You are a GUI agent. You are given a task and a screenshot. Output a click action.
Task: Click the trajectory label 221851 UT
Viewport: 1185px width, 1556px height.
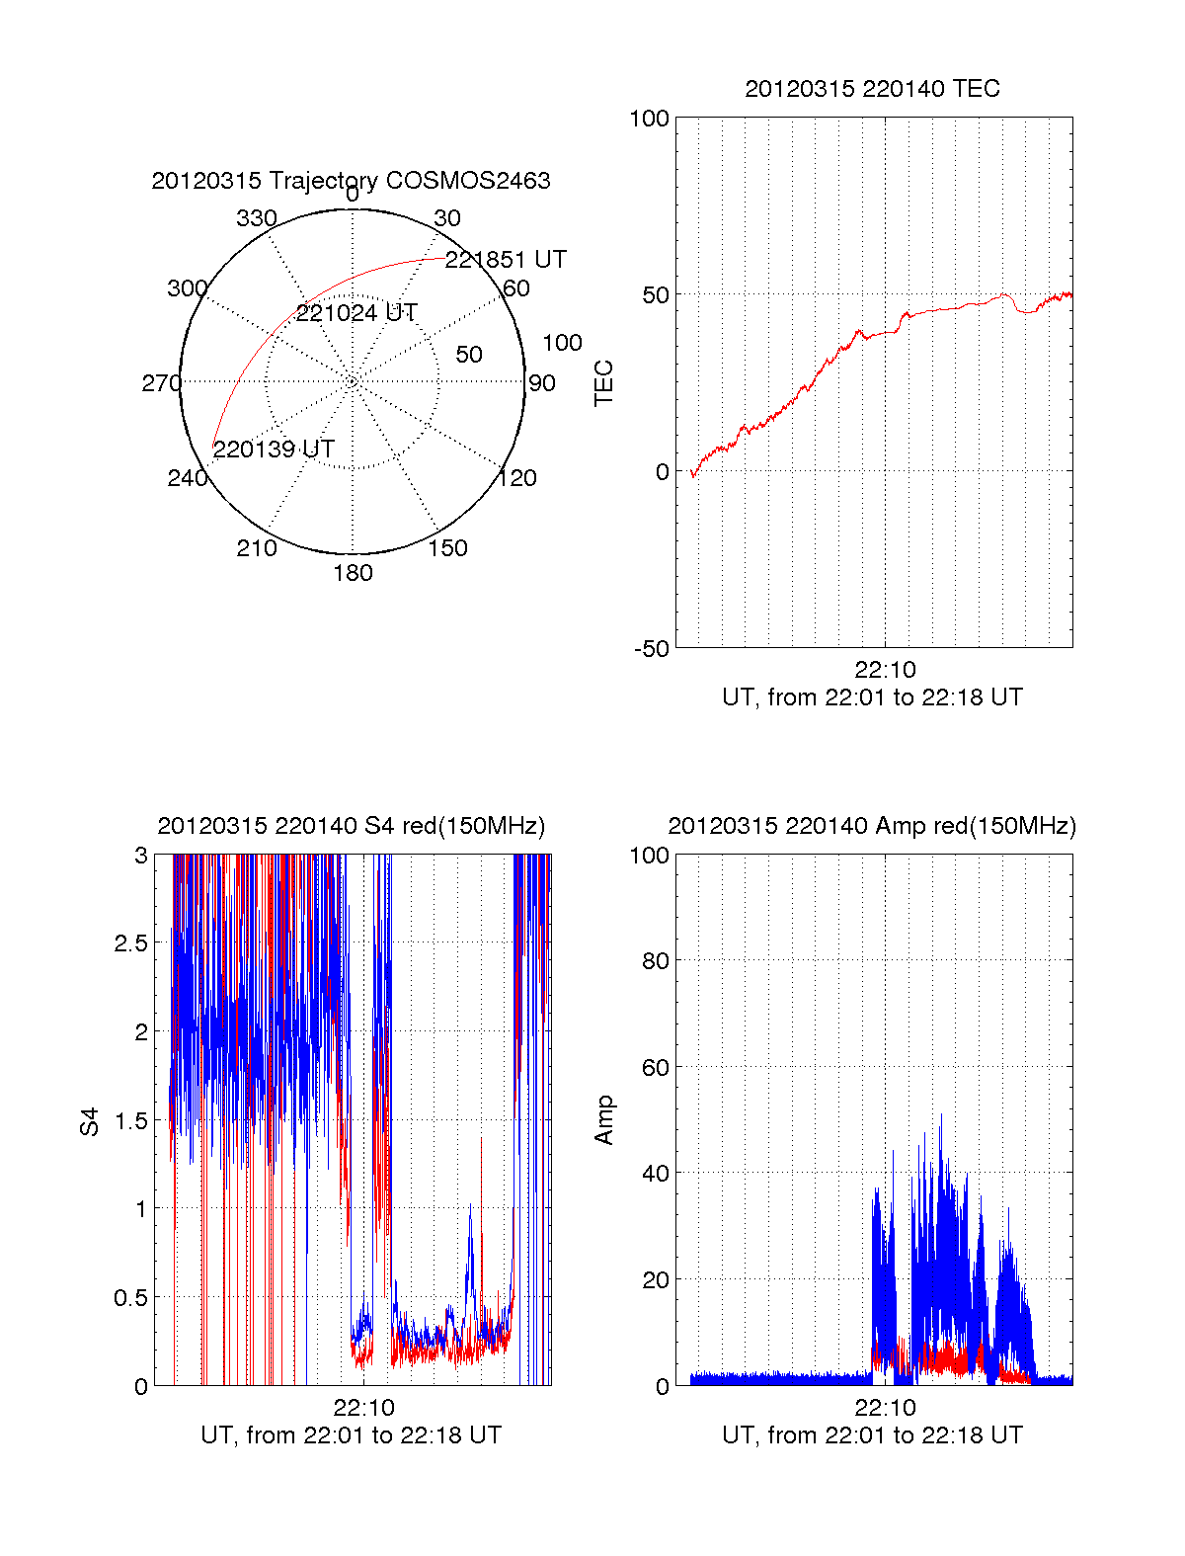pyautogui.click(x=506, y=260)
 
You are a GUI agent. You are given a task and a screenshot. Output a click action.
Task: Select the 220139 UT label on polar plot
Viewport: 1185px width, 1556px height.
pyautogui.click(x=274, y=450)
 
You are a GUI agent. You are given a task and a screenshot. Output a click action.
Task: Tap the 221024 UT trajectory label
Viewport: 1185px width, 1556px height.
pyautogui.click(x=356, y=313)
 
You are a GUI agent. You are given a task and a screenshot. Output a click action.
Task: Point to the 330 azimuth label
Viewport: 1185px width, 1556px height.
pyautogui.click(x=256, y=218)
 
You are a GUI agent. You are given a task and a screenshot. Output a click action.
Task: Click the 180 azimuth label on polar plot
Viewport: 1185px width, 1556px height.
pyautogui.click(x=353, y=573)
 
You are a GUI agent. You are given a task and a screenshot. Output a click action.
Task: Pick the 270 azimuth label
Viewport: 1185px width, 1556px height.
pyautogui.click(x=161, y=383)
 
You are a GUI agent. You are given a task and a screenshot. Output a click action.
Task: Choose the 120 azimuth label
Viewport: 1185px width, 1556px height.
pyautogui.click(x=517, y=479)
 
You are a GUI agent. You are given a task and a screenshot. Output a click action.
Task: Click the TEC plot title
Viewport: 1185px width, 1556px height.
pyautogui.click(x=872, y=89)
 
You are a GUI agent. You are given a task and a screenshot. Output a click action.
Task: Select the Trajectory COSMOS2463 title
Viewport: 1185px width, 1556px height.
pyautogui.click(x=351, y=181)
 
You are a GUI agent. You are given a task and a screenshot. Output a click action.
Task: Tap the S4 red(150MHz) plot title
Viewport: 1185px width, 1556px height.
pyautogui.click(x=351, y=826)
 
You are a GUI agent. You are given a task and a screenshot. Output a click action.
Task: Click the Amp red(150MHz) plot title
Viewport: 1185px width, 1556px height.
pyautogui.click(x=872, y=826)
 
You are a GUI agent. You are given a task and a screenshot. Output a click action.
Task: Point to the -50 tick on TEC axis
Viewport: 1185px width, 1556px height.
pyautogui.click(x=651, y=649)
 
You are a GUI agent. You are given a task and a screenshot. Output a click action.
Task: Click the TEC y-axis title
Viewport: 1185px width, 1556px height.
pyautogui.click(x=604, y=383)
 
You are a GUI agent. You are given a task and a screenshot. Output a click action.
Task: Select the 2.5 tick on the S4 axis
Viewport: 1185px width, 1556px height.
pyautogui.click(x=130, y=943)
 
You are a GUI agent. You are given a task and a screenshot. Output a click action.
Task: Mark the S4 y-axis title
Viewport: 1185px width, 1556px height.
pyautogui.click(x=90, y=1121)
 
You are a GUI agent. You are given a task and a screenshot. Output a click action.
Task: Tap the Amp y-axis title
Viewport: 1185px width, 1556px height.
pyautogui.click(x=604, y=1120)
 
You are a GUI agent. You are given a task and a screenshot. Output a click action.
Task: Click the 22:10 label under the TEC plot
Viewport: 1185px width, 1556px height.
pyautogui.click(x=885, y=670)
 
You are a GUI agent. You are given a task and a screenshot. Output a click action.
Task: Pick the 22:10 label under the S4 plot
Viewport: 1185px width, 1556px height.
pyautogui.click(x=363, y=1408)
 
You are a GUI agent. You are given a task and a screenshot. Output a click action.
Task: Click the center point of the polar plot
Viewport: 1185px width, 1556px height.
pyautogui.click(x=353, y=381)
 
